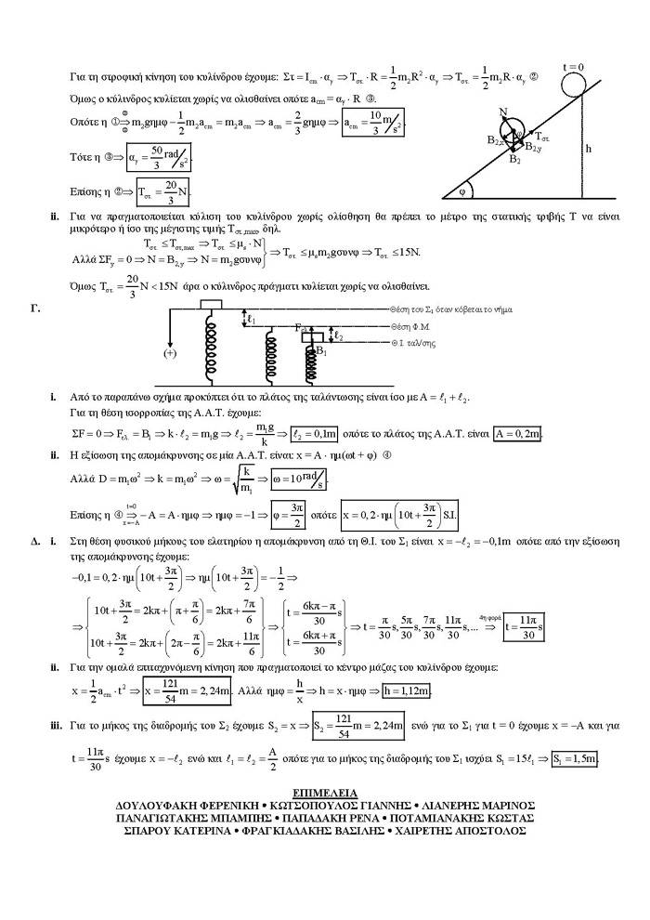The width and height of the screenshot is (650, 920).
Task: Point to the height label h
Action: point(589,146)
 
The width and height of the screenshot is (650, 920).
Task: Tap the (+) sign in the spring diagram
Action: point(170,353)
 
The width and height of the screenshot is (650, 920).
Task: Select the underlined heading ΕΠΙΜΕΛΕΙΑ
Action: point(323,792)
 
